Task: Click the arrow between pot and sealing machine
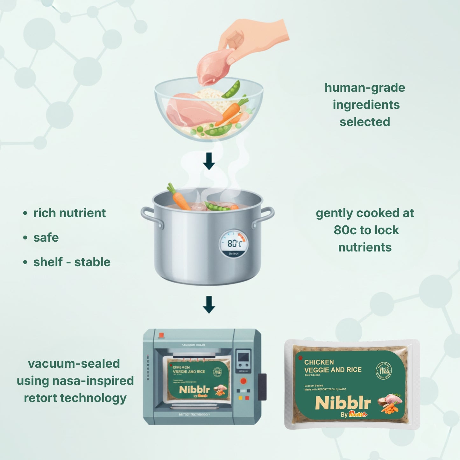209,305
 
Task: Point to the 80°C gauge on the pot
234,244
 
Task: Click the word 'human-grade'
365,88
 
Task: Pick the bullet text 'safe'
46,237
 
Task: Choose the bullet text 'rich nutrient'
69,213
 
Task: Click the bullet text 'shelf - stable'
72,262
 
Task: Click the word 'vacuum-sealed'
74,364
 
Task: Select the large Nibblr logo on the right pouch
343,403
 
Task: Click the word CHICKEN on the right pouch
319,362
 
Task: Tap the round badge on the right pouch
384,371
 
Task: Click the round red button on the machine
243,381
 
